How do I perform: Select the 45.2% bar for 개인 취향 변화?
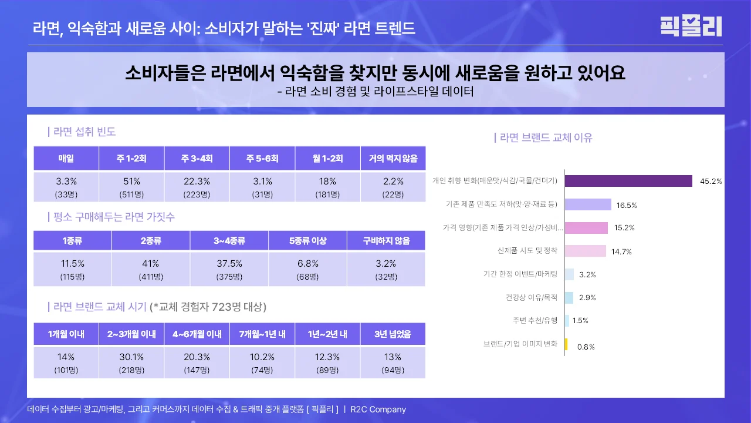628,181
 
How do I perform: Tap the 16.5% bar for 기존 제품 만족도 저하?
588,204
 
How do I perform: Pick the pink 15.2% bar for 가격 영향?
586,228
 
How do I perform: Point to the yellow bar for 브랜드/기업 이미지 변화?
566,345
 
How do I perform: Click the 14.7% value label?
621,251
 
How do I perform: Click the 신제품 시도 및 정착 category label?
527,251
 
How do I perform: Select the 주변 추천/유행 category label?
534,321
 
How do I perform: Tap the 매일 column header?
66,159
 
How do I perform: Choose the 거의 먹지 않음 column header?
393,159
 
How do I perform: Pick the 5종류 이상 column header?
308,241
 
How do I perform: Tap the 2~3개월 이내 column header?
131,334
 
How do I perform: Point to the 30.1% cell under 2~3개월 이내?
131,363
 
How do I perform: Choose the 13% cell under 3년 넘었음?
393,363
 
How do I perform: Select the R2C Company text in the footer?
378,409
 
